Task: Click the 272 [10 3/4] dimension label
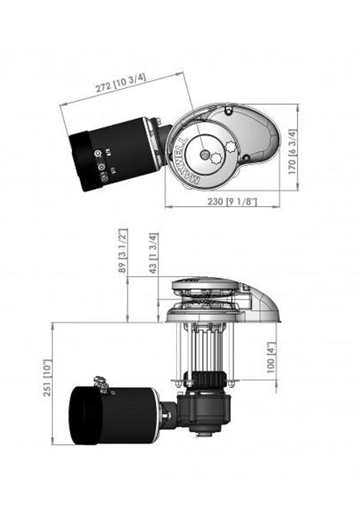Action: pos(121,83)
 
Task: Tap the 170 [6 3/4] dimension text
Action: pos(292,152)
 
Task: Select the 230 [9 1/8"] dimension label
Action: pos(232,201)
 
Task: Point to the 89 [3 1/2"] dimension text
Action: pos(123,251)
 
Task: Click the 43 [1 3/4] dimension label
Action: pos(153,253)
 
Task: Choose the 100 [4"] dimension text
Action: pos(271,357)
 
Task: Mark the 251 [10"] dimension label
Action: pos(48,377)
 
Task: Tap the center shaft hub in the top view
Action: pos(204,154)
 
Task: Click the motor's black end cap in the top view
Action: pos(80,161)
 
